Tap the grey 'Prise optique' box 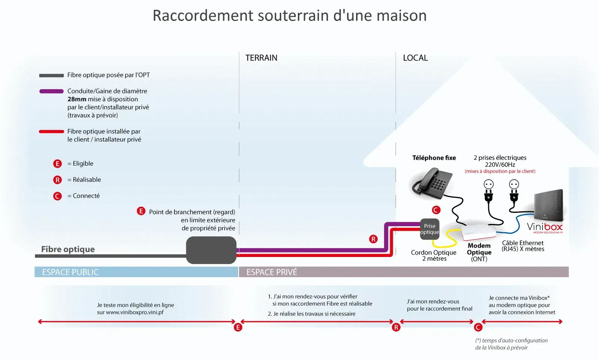pyautogui.click(x=429, y=229)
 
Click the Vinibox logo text pyautogui.click(x=545, y=227)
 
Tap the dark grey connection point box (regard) pyautogui.click(x=211, y=250)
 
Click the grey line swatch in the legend pyautogui.click(x=51, y=75)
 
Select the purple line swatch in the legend pyautogui.click(x=51, y=91)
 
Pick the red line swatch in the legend pyautogui.click(x=51, y=131)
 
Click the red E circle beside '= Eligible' pyautogui.click(x=57, y=164)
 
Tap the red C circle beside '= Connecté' pyautogui.click(x=57, y=196)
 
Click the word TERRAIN pyautogui.click(x=261, y=58)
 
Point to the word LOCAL pyautogui.click(x=415, y=58)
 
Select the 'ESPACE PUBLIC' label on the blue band pyautogui.click(x=70, y=272)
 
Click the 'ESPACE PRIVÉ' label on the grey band pyautogui.click(x=272, y=272)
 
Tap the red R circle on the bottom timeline pyautogui.click(x=396, y=327)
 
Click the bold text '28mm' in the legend pyautogui.click(x=77, y=99)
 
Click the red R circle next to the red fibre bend pyautogui.click(x=373, y=239)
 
